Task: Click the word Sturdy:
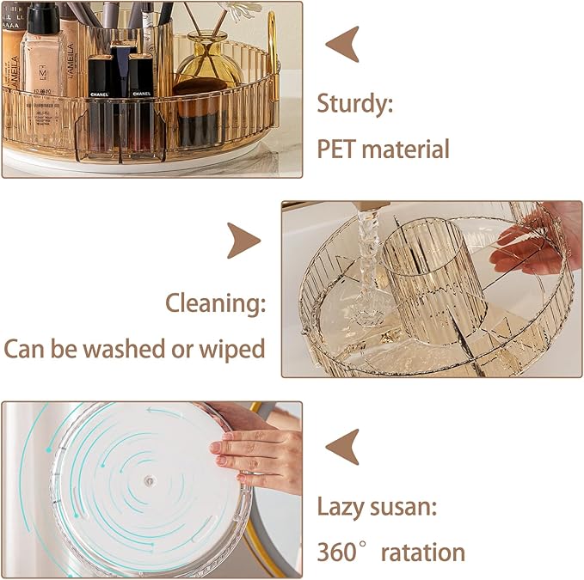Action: [x=355, y=105]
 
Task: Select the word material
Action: [x=405, y=149]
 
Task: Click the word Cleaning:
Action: [x=216, y=302]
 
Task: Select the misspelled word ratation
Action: [x=422, y=551]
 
